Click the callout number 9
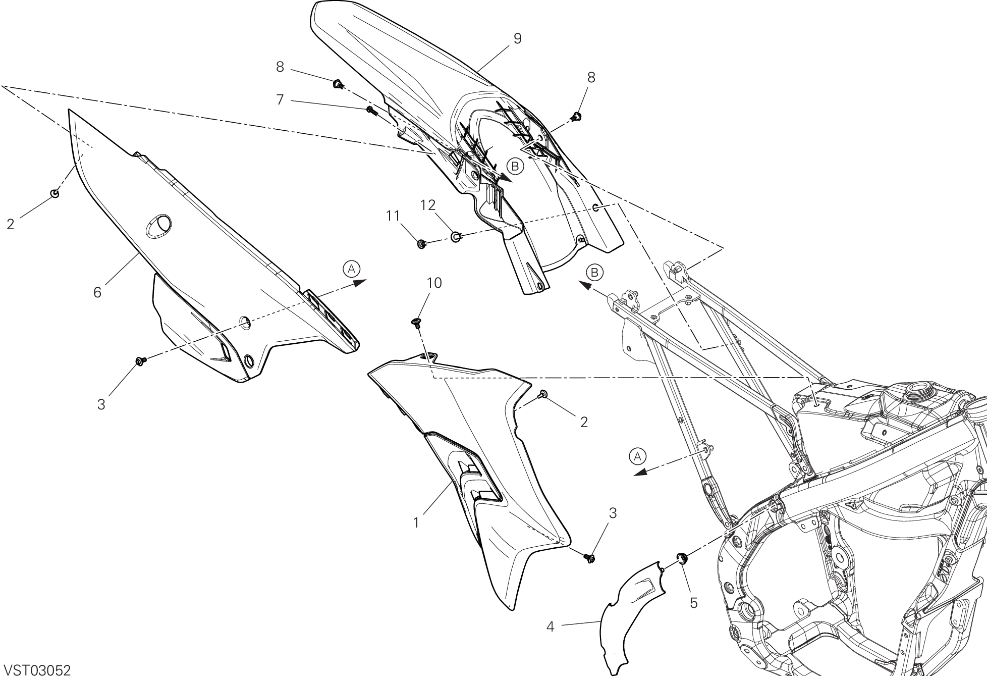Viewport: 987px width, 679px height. pos(517,39)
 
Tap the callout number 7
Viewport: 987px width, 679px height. pos(281,100)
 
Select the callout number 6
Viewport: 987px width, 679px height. pos(97,292)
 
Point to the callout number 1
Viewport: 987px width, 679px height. pos(416,523)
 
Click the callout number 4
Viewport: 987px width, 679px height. pos(551,627)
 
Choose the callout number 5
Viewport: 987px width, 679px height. pos(694,603)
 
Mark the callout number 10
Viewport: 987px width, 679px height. pos(434,283)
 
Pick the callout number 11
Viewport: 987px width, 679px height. pos(393,216)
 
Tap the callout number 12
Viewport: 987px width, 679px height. pos(428,205)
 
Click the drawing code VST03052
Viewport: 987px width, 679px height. pos(37,670)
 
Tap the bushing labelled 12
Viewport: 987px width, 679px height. pos(456,236)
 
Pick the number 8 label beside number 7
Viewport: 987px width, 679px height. pos(280,67)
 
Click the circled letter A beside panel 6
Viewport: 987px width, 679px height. pos(351,268)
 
